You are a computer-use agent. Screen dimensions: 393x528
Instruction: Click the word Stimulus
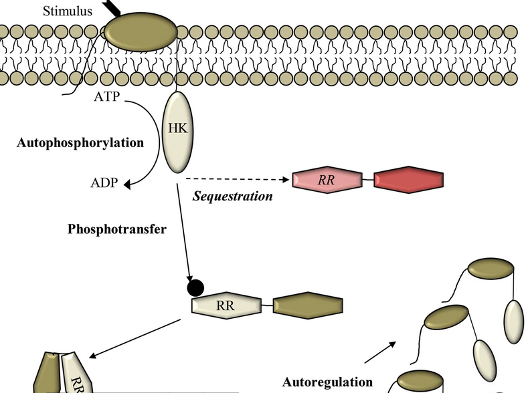[x=68, y=11]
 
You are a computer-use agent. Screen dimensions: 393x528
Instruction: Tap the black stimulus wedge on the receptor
[x=113, y=8]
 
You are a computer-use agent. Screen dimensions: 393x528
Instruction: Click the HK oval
[x=174, y=132]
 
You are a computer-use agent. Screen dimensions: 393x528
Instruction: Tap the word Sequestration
[x=233, y=196]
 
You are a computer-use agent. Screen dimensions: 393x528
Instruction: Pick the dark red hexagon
[x=408, y=180]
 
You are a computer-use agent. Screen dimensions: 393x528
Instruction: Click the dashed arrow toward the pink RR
[x=238, y=179]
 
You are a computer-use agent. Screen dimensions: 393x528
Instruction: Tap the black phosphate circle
[x=195, y=287]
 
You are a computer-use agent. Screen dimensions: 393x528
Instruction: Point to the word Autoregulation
[x=327, y=382]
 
